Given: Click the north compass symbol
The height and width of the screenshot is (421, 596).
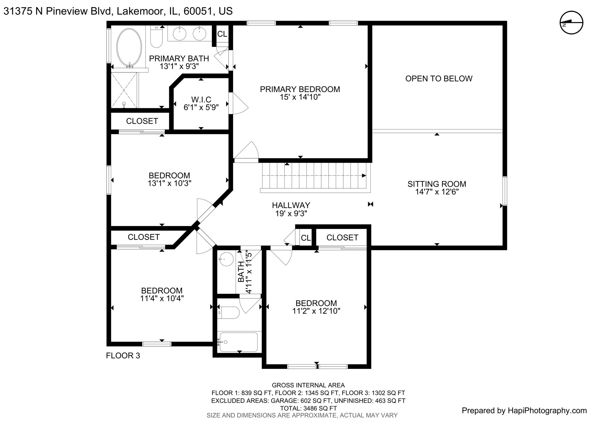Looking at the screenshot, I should click(x=572, y=23).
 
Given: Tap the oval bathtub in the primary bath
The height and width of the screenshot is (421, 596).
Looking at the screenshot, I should click(x=129, y=47).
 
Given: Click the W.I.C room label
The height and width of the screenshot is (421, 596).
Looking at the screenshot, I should click(x=201, y=100).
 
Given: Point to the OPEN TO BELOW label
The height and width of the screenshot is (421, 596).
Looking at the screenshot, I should click(x=439, y=79).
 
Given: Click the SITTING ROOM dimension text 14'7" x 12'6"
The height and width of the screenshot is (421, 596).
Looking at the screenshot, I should click(x=437, y=192).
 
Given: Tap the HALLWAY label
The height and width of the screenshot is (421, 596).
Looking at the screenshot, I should click(x=291, y=205).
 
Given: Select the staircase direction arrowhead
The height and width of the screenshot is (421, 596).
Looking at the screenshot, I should click(x=364, y=175).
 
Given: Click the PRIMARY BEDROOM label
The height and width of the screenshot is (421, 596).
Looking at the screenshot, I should click(x=300, y=89).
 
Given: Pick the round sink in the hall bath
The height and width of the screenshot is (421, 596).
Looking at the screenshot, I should click(x=226, y=259).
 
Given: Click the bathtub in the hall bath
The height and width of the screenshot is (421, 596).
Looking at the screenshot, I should click(x=239, y=342).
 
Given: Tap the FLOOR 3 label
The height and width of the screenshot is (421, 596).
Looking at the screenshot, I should click(x=123, y=356).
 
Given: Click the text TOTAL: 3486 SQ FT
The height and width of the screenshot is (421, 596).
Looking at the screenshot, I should click(x=308, y=408).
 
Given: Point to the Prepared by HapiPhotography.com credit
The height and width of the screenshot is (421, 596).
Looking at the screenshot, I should click(x=524, y=411).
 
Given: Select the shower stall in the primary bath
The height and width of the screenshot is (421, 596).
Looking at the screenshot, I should click(x=124, y=90).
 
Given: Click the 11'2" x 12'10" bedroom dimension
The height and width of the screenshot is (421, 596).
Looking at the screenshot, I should click(x=316, y=311).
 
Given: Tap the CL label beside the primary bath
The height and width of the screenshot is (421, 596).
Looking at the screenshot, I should click(x=222, y=34).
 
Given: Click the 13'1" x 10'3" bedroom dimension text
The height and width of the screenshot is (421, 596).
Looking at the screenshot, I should click(x=169, y=183).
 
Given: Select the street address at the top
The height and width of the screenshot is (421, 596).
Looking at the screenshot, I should click(x=118, y=11).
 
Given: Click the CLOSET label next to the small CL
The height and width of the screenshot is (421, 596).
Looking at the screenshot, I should click(x=342, y=238).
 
